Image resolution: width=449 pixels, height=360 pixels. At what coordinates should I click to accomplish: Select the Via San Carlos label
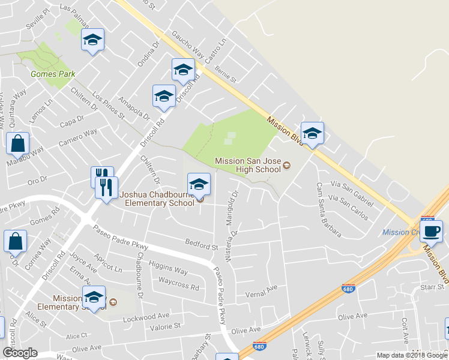[x=349, y=206]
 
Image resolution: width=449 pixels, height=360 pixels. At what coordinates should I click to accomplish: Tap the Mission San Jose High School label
[x=247, y=165]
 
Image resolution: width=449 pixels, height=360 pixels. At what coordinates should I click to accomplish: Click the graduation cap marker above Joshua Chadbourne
[x=199, y=184]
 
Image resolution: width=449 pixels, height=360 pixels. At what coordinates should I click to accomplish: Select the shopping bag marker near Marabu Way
[x=18, y=144]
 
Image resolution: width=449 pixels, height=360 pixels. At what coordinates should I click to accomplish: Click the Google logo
[x=20, y=352]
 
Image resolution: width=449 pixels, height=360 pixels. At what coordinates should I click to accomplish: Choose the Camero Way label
[x=78, y=138]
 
